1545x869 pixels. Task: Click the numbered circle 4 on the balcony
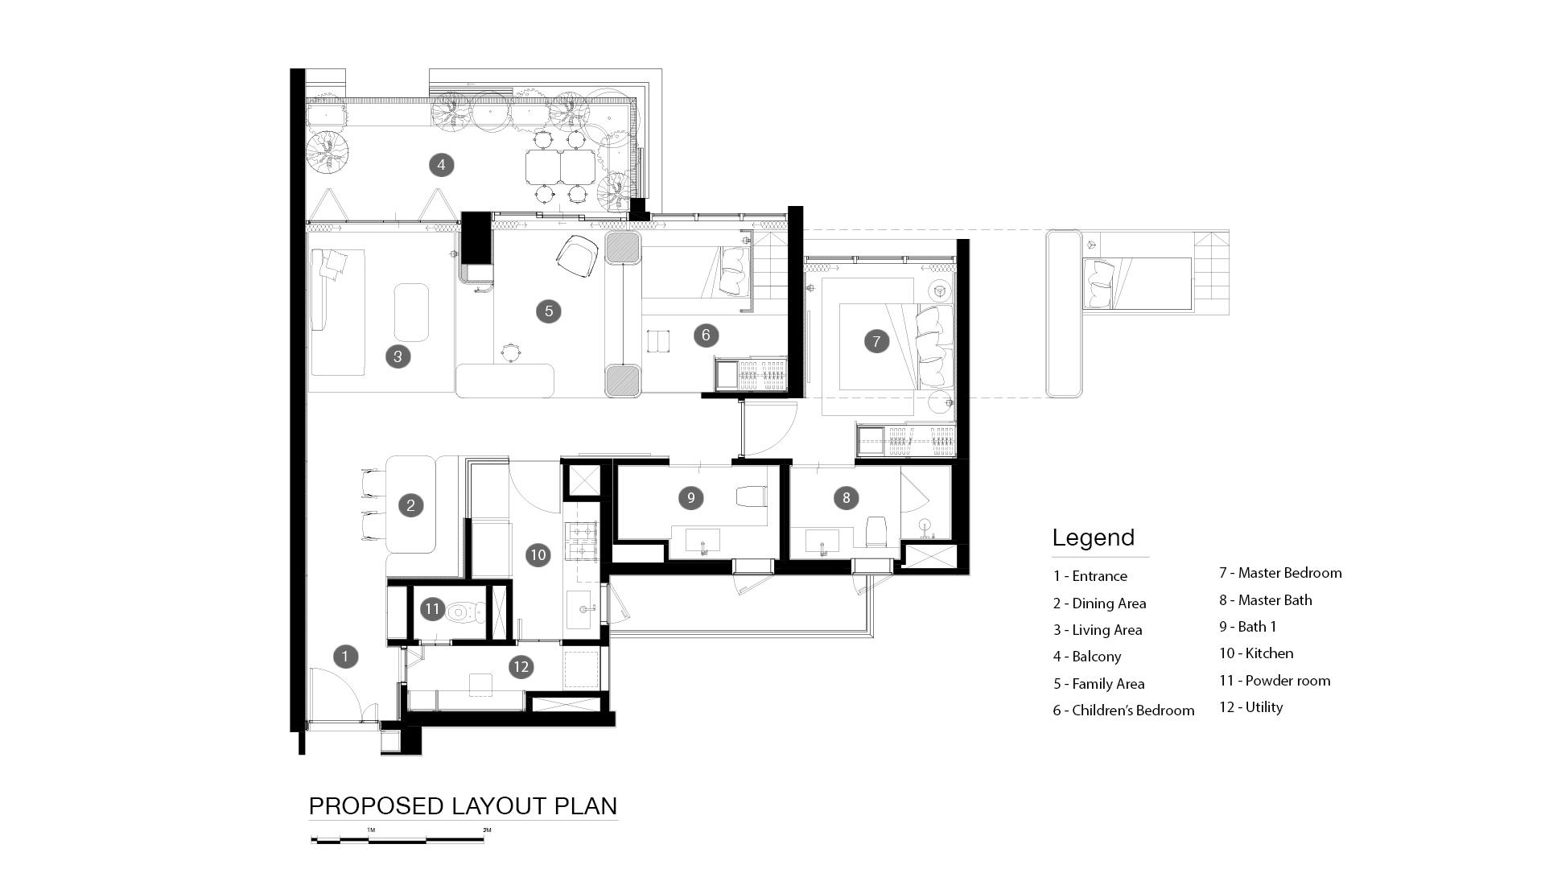[441, 165]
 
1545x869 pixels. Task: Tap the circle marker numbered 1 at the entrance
[345, 657]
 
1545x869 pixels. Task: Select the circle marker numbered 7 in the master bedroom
[876, 341]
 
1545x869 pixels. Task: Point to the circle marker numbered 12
[521, 666]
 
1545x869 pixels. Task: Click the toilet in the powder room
[460, 612]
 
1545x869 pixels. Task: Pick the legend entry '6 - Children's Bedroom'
[1123, 710]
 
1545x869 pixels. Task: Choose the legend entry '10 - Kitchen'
[1256, 653]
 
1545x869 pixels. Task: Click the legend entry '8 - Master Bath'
[1265, 600]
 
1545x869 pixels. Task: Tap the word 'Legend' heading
[1094, 537]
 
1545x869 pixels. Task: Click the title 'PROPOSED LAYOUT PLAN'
[463, 805]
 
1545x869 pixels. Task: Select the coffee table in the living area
[411, 312]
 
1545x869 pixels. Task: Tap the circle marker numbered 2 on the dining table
[410, 505]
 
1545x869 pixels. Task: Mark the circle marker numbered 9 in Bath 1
[690, 498]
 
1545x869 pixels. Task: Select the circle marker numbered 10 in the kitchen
[538, 554]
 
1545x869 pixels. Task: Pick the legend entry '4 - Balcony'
[1087, 657]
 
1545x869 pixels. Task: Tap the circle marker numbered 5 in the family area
[549, 311]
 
